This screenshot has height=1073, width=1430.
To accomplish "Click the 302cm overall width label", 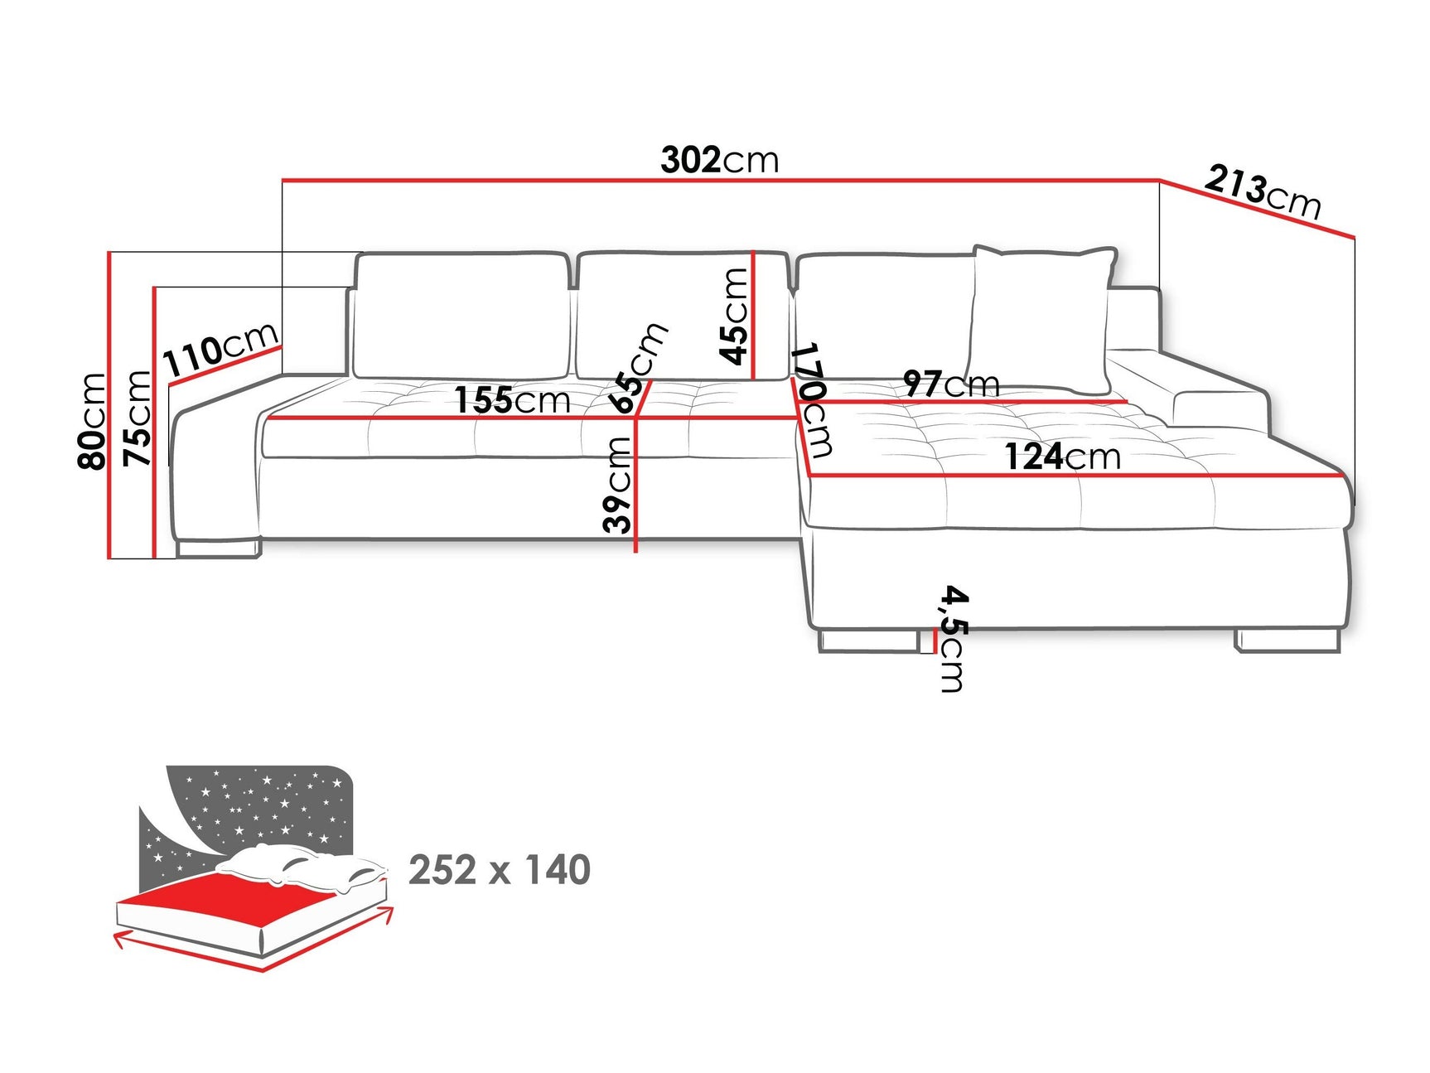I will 719,160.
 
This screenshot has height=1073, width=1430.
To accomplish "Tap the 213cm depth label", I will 1262,191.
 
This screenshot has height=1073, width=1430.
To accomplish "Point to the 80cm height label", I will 92,421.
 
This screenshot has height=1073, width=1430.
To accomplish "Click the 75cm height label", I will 138,418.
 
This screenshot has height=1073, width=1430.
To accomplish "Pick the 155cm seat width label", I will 512,401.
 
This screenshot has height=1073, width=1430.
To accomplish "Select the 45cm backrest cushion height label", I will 734,317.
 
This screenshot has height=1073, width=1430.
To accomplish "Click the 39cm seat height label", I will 617,485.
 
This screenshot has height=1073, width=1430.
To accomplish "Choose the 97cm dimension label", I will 951,384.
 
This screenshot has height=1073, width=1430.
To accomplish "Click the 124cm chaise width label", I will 1062,457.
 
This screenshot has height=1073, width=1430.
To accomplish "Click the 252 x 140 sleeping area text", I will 500,870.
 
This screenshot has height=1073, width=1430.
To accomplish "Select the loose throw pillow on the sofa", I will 1042,319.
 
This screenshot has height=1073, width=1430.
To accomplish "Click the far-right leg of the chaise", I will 1287,640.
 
